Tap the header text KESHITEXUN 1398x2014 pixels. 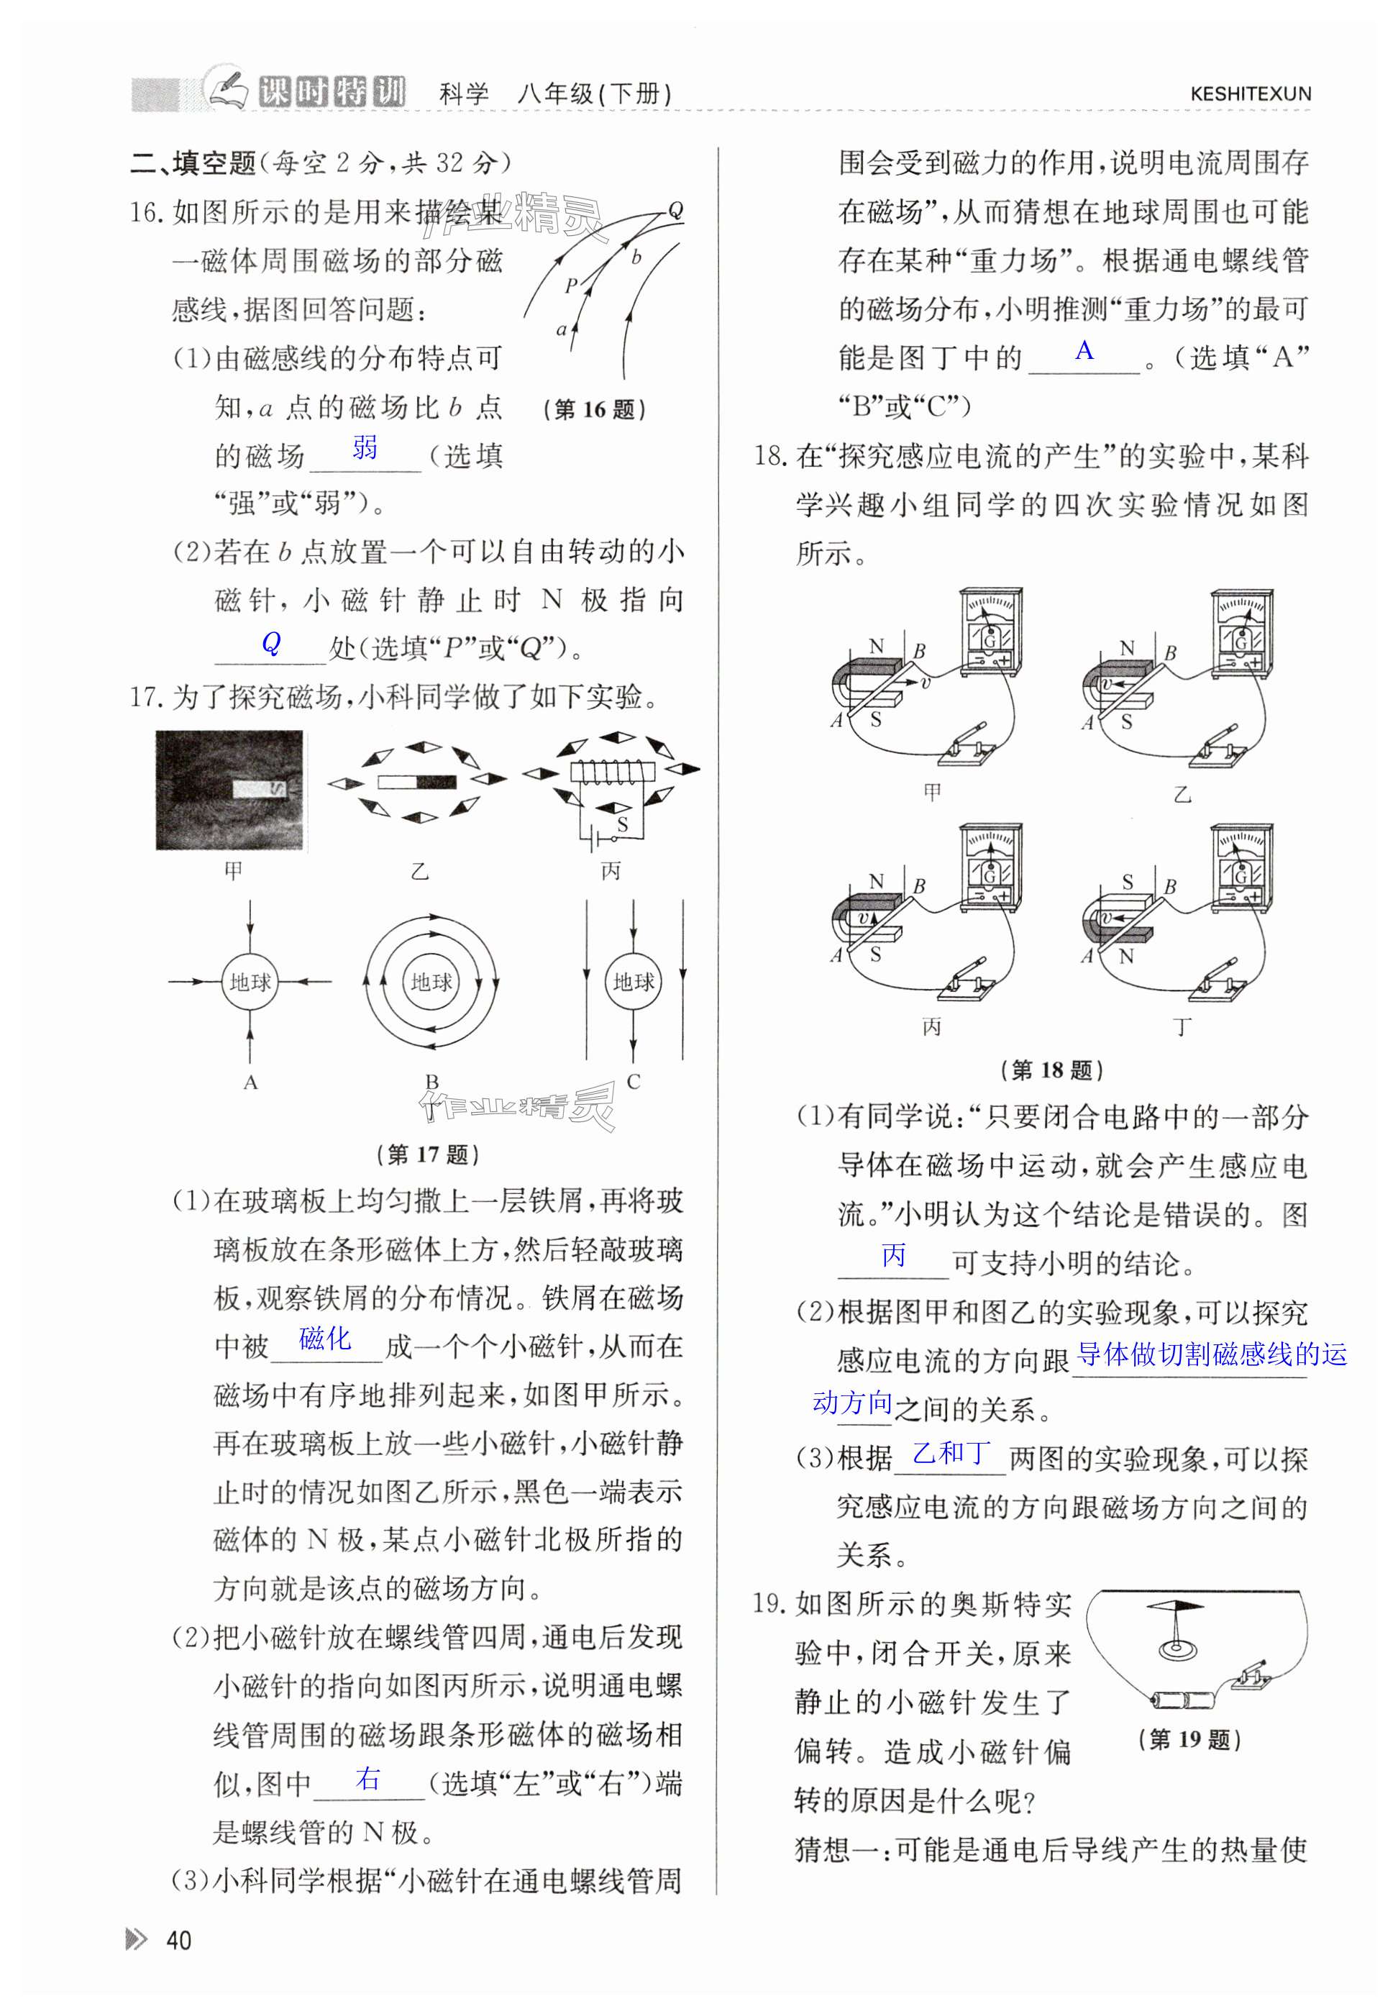[x=1250, y=94]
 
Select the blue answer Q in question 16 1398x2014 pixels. [x=272, y=643]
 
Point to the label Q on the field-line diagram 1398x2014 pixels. [x=675, y=209]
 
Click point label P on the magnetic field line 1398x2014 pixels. [x=570, y=285]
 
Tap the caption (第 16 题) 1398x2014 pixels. [x=595, y=409]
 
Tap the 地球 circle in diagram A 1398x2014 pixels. [x=250, y=982]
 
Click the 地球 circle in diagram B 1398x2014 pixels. [x=431, y=982]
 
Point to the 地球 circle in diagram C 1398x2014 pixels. [x=634, y=982]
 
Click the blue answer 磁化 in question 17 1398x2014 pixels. [x=325, y=1338]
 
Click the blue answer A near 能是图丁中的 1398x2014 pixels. [x=1084, y=350]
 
